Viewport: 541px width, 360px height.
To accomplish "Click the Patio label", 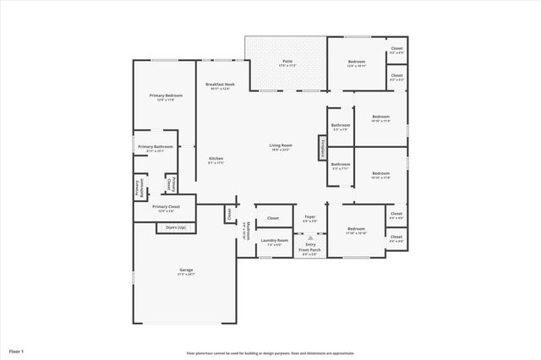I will (287, 61).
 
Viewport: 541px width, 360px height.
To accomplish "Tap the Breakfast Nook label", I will (219, 85).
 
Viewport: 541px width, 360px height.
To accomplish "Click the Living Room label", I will (281, 146).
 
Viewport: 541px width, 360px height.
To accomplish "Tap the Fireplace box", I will (321, 146).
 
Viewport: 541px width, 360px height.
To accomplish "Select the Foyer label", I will (309, 218).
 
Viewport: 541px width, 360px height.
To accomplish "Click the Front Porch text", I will (310, 250).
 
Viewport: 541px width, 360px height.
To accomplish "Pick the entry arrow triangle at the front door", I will (310, 237).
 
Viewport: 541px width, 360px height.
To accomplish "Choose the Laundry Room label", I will (275, 241).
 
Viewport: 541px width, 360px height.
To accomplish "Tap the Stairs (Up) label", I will (176, 227).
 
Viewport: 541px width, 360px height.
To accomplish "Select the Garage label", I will (186, 270).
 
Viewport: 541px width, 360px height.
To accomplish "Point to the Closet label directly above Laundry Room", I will (273, 218).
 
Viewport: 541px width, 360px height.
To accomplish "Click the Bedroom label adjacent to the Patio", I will (357, 62).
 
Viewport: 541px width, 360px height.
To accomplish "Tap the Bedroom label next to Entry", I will (356, 229).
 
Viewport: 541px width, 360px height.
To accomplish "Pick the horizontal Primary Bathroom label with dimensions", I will (156, 147).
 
